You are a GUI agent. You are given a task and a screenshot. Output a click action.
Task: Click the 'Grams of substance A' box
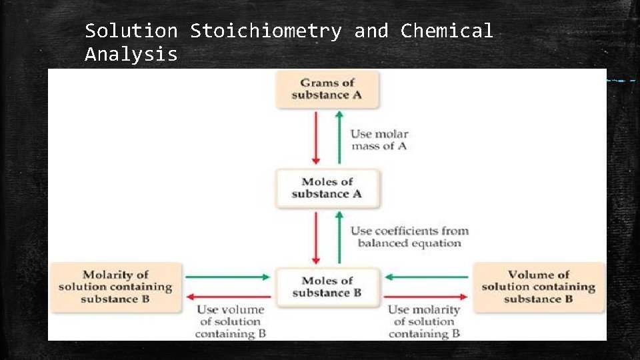327,89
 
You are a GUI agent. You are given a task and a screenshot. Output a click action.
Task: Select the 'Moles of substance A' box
327,188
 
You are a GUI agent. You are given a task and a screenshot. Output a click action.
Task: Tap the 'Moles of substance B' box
327,287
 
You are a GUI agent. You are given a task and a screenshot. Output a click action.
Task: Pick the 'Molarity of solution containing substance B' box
115,287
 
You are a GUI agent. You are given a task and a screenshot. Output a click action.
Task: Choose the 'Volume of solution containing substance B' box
538,287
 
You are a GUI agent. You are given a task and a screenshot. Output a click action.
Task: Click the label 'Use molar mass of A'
379,140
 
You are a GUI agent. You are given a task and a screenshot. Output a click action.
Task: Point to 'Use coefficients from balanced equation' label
409,237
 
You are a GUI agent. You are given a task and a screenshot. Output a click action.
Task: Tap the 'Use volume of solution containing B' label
231,321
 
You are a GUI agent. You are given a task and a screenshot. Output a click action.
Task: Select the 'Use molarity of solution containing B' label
424,321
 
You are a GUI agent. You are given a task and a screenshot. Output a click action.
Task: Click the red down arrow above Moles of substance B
317,237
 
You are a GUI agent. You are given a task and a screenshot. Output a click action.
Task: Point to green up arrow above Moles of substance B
339,237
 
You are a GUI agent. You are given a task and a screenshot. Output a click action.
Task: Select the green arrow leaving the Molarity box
227,277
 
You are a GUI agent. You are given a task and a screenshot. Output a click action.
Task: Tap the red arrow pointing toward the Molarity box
227,297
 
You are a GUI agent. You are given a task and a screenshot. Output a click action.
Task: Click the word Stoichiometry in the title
265,31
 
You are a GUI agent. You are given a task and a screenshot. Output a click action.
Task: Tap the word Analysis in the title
131,54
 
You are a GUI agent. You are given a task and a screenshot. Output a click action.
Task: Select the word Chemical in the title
447,31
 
